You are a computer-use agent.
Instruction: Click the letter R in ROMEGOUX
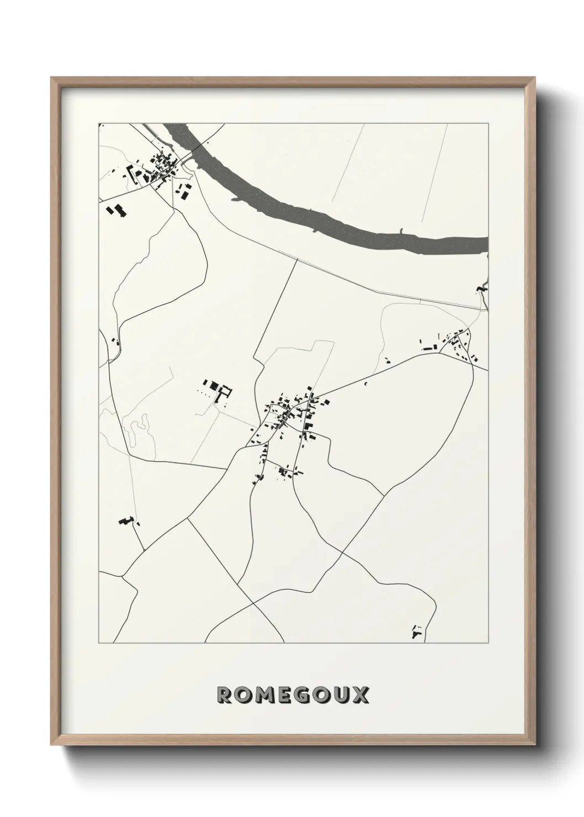pyautogui.click(x=225, y=696)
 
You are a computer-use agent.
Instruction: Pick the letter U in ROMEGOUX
pyautogui.click(x=341, y=696)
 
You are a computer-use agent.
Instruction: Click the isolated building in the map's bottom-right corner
pyautogui.click(x=417, y=632)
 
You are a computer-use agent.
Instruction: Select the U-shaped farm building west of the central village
pyautogui.click(x=225, y=394)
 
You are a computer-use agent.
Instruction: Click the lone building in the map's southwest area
pyautogui.click(x=126, y=520)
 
